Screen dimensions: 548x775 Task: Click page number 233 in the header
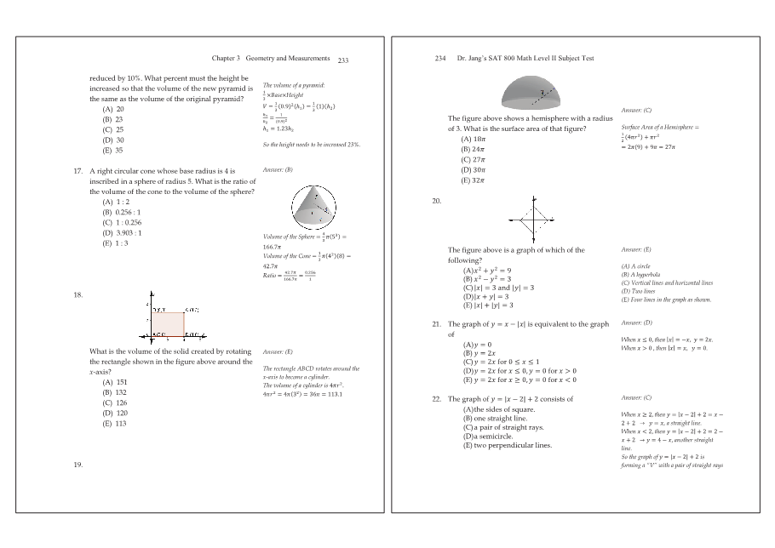(343, 60)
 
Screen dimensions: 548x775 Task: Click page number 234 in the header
(440, 59)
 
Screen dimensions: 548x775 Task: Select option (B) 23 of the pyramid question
(112, 120)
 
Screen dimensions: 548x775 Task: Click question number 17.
(78, 171)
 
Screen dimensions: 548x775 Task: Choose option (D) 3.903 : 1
(122, 232)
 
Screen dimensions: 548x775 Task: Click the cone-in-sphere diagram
(312, 205)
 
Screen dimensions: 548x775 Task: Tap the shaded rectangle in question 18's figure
(173, 324)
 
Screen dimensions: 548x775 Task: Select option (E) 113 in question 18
(114, 423)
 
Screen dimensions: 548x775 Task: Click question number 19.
(78, 465)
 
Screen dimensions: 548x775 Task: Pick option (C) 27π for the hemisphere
(473, 160)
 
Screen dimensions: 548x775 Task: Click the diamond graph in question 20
(533, 219)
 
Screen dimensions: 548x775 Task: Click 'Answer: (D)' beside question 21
(636, 323)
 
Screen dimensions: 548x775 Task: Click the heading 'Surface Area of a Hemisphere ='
(660, 127)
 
